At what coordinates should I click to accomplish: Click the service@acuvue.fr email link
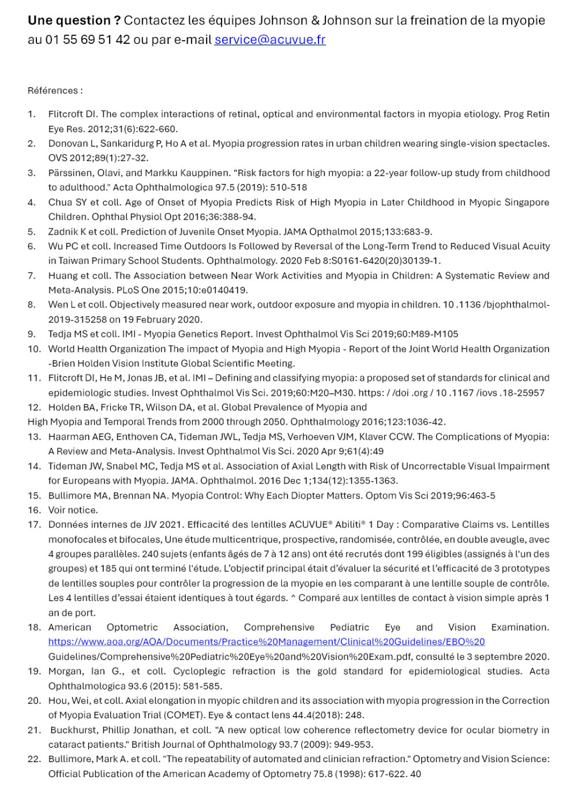pos(270,40)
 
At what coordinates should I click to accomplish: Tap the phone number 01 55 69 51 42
pos(88,40)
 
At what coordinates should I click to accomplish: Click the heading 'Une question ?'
pos(74,21)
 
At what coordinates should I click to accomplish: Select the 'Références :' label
pos(55,91)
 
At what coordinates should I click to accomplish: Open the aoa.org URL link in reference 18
pos(267,642)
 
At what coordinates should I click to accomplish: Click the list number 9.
pos(32,334)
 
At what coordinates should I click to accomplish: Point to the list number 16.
pos(34,510)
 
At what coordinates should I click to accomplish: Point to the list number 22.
pos(34,759)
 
